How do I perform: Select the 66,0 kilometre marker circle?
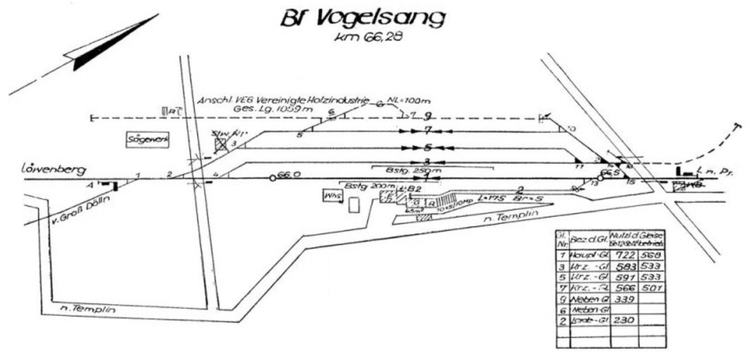pyautogui.click(x=273, y=177)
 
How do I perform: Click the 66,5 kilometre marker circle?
pyautogui.click(x=600, y=177)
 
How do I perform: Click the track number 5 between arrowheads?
pyautogui.click(x=428, y=147)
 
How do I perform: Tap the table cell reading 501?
pyautogui.click(x=652, y=287)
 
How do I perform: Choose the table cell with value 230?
pyautogui.click(x=625, y=321)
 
